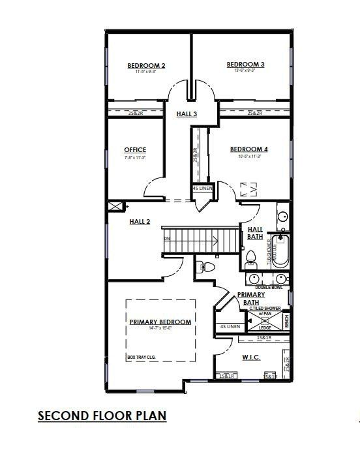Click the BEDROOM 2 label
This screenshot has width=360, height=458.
point(146,66)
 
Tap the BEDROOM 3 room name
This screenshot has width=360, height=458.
point(245,64)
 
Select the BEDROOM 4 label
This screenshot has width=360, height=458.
point(249,149)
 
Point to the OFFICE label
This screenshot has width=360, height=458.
point(135,150)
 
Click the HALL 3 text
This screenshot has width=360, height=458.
point(187,114)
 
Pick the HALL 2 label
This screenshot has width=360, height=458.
point(140,222)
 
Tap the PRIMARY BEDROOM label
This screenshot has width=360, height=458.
point(160,322)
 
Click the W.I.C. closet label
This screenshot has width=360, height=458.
point(252,357)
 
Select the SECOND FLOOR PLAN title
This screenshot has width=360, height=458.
point(102,416)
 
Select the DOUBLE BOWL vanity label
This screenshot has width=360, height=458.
point(268,287)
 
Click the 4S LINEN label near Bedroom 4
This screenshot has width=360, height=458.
point(202,189)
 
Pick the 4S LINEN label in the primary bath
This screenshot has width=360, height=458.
point(230,326)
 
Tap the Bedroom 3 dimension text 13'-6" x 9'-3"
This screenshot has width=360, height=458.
point(245,70)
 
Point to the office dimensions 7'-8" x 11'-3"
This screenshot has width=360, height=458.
point(135,157)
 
